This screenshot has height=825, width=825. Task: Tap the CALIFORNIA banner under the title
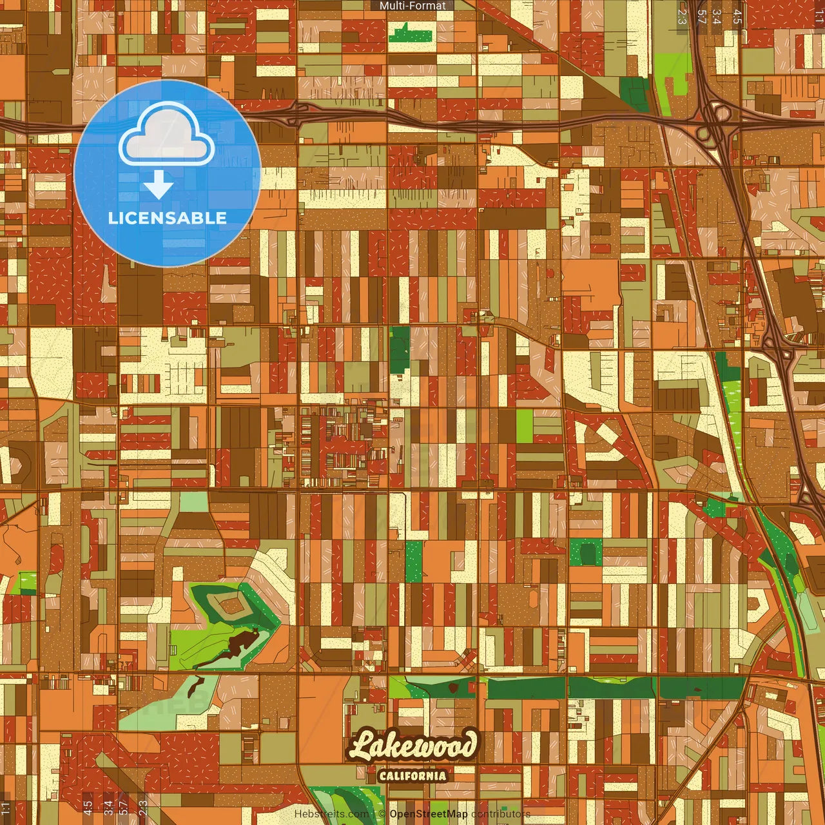[412, 775]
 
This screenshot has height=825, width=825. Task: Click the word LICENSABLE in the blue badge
[168, 218]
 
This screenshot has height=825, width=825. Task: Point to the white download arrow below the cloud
[159, 185]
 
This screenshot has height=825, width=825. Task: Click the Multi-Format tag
[412, 6]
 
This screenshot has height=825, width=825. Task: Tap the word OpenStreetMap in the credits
[429, 813]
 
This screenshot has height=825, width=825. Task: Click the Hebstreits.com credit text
[332, 813]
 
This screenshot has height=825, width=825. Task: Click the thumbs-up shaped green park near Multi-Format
[411, 32]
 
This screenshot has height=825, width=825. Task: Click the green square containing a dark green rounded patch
[585, 552]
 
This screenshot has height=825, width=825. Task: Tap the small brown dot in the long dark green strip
[454, 688]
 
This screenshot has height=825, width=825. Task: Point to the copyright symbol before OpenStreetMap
[382, 813]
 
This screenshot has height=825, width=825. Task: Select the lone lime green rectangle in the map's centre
[525, 426]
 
